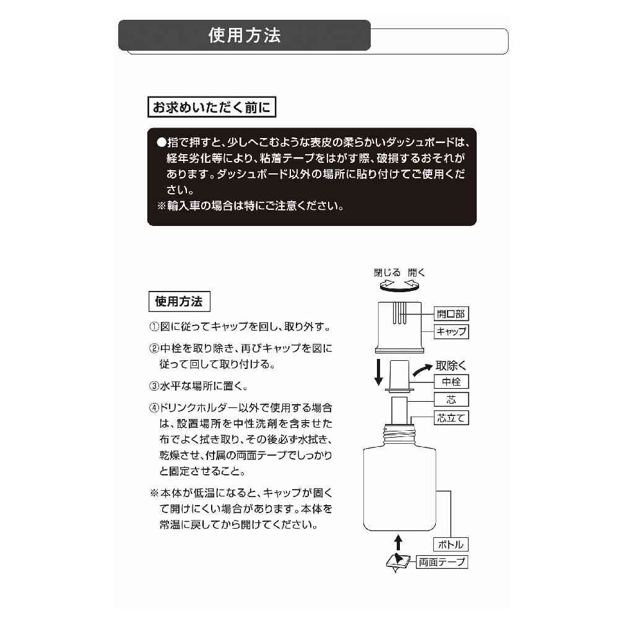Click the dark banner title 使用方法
point(245,35)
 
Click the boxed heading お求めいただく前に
point(210,107)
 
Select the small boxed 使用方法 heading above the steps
point(179,302)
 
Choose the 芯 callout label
point(451,399)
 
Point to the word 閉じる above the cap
point(386,272)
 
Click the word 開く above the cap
point(417,272)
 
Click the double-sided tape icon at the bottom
point(396,563)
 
